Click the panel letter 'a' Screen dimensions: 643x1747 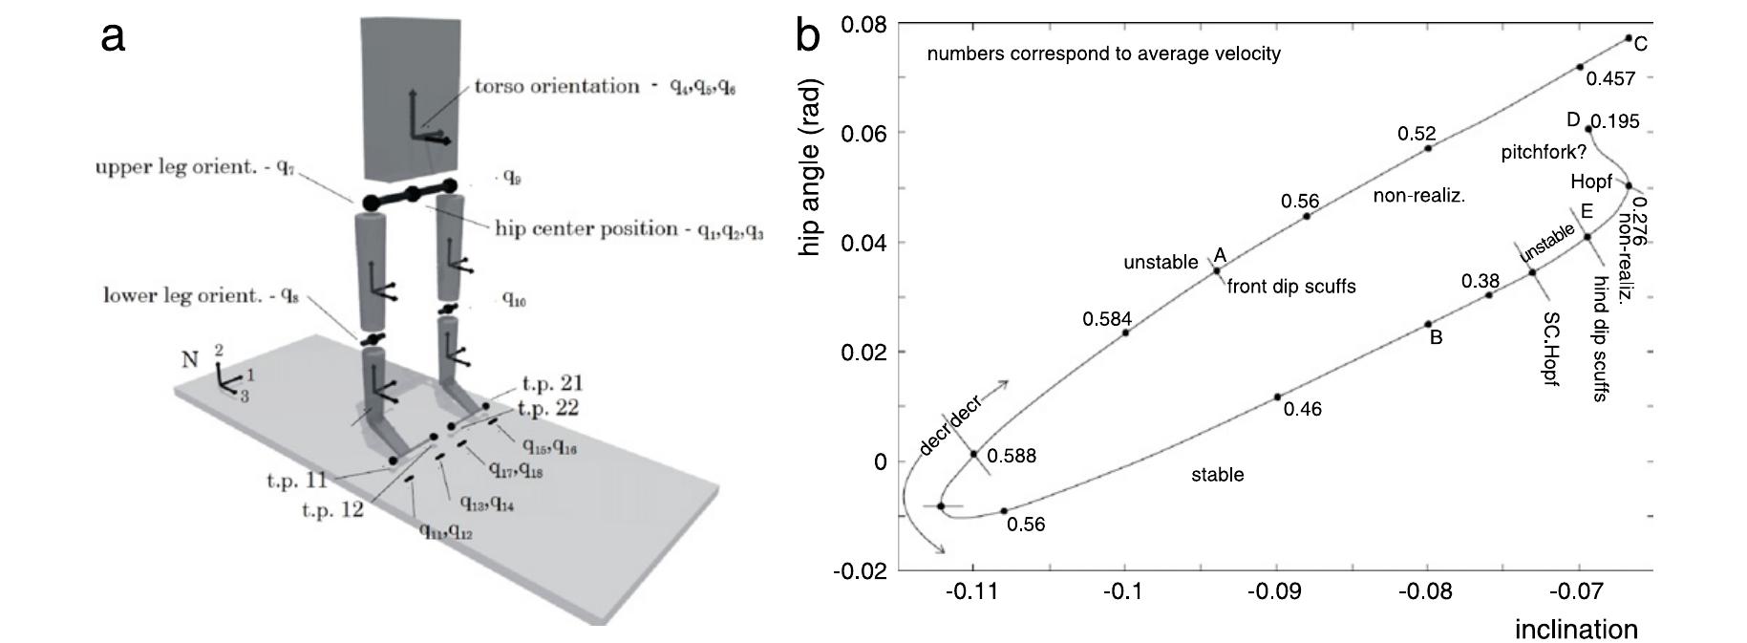(x=113, y=37)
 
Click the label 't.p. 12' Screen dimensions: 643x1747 (x=332, y=509)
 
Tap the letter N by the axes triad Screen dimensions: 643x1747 (x=189, y=360)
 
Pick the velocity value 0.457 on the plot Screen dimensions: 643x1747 (x=1610, y=79)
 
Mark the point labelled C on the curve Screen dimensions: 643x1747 (x=1629, y=38)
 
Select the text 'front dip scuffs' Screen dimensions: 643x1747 (x=1290, y=287)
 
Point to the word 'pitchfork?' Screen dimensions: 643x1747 (x=1544, y=152)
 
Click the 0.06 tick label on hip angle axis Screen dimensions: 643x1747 (x=864, y=133)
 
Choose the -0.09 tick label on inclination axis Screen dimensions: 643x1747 (x=1277, y=591)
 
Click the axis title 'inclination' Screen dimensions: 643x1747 (x=1576, y=629)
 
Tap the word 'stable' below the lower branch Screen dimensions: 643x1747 (x=1217, y=475)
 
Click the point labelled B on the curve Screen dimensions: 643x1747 (x=1428, y=324)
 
